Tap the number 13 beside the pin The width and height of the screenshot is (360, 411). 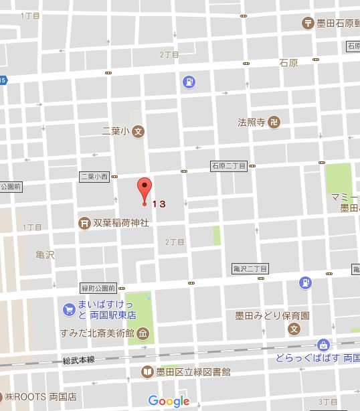pos(158,203)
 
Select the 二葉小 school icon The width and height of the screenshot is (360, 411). pos(138,131)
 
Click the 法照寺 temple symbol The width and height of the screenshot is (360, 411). pos(276,122)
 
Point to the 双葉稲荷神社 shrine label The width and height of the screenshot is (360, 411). pos(121,222)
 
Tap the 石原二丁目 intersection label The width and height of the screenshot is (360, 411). pos(229,165)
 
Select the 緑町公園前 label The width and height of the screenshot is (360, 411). pos(98,289)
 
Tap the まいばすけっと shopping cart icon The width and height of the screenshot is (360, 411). pos(68,309)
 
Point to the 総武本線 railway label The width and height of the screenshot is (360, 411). pos(80,359)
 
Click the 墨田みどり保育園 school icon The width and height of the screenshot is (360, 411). pos(294,329)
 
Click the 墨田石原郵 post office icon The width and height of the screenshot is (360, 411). pos(306,22)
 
